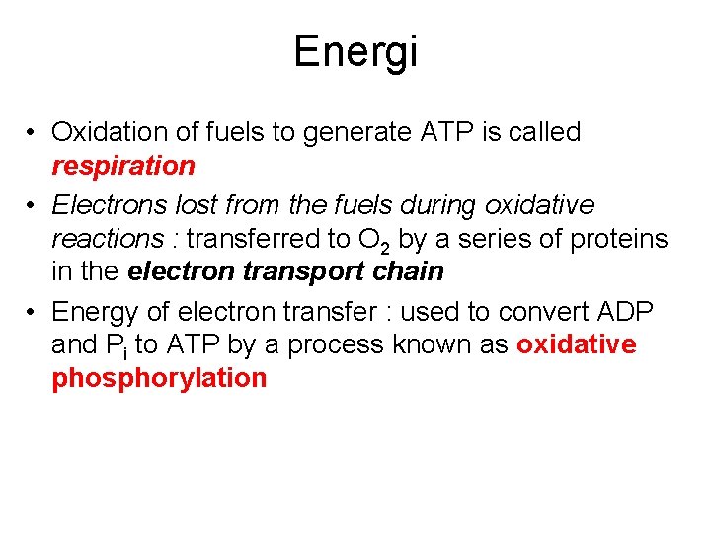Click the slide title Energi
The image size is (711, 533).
tap(355, 51)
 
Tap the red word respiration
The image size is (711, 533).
tap(123, 166)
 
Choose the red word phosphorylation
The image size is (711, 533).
tap(159, 379)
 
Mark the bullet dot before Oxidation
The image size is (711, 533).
tap(33, 133)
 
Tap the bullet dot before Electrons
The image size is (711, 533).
tap(33, 206)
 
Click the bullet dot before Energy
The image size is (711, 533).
tap(33, 313)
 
